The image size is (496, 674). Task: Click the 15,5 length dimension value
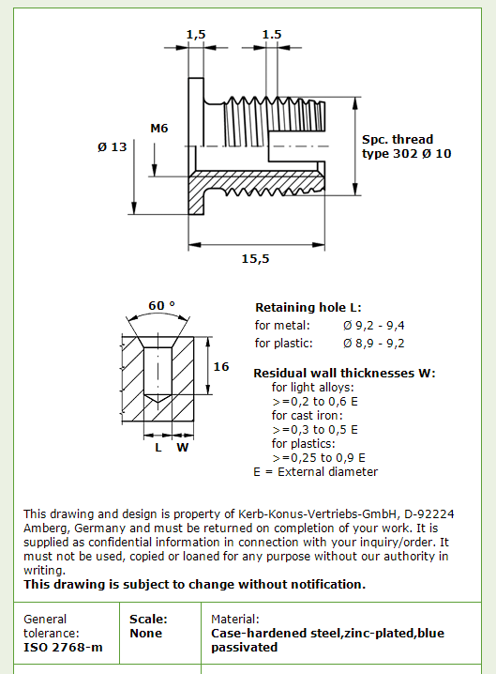click(256, 259)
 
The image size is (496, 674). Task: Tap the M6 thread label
click(158, 128)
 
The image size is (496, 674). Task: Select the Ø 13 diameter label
click(113, 147)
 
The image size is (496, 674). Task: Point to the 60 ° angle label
click(162, 305)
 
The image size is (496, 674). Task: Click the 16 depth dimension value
click(221, 367)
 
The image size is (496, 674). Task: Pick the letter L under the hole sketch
click(158, 448)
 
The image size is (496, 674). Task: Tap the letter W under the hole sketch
click(183, 448)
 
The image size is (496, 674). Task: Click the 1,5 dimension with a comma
click(196, 35)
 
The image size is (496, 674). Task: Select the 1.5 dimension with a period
click(272, 35)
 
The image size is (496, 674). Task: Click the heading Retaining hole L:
click(308, 308)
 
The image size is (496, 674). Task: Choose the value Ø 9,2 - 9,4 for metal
click(373, 326)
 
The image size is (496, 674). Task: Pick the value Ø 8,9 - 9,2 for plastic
click(373, 343)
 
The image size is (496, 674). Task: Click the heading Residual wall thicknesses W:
click(344, 373)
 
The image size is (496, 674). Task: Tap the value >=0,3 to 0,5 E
click(315, 430)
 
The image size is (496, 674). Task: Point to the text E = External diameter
click(316, 472)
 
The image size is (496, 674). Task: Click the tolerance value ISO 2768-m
click(63, 648)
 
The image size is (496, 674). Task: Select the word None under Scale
click(146, 633)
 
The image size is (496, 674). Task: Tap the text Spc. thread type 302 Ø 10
click(407, 146)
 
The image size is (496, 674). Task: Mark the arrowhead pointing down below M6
click(155, 170)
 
